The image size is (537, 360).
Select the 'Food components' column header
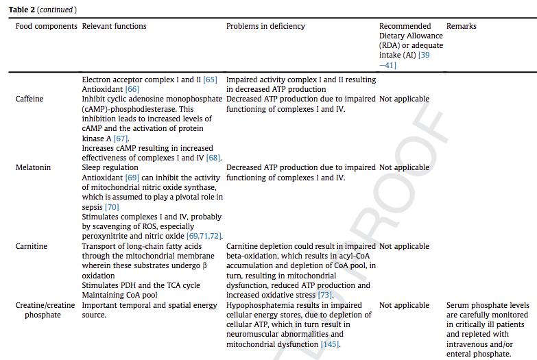46,26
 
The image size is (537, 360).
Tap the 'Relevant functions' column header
114,26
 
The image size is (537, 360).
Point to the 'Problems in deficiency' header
265,26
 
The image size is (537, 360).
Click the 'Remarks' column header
461,26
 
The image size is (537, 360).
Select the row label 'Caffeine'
29,99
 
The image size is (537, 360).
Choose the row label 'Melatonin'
32,167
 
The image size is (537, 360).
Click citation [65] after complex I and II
210,80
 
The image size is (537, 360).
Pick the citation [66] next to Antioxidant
132,89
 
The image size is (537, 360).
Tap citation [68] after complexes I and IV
214,158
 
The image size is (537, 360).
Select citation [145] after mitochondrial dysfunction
329,345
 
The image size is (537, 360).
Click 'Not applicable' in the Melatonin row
404,167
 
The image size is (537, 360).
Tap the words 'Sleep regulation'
110,167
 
